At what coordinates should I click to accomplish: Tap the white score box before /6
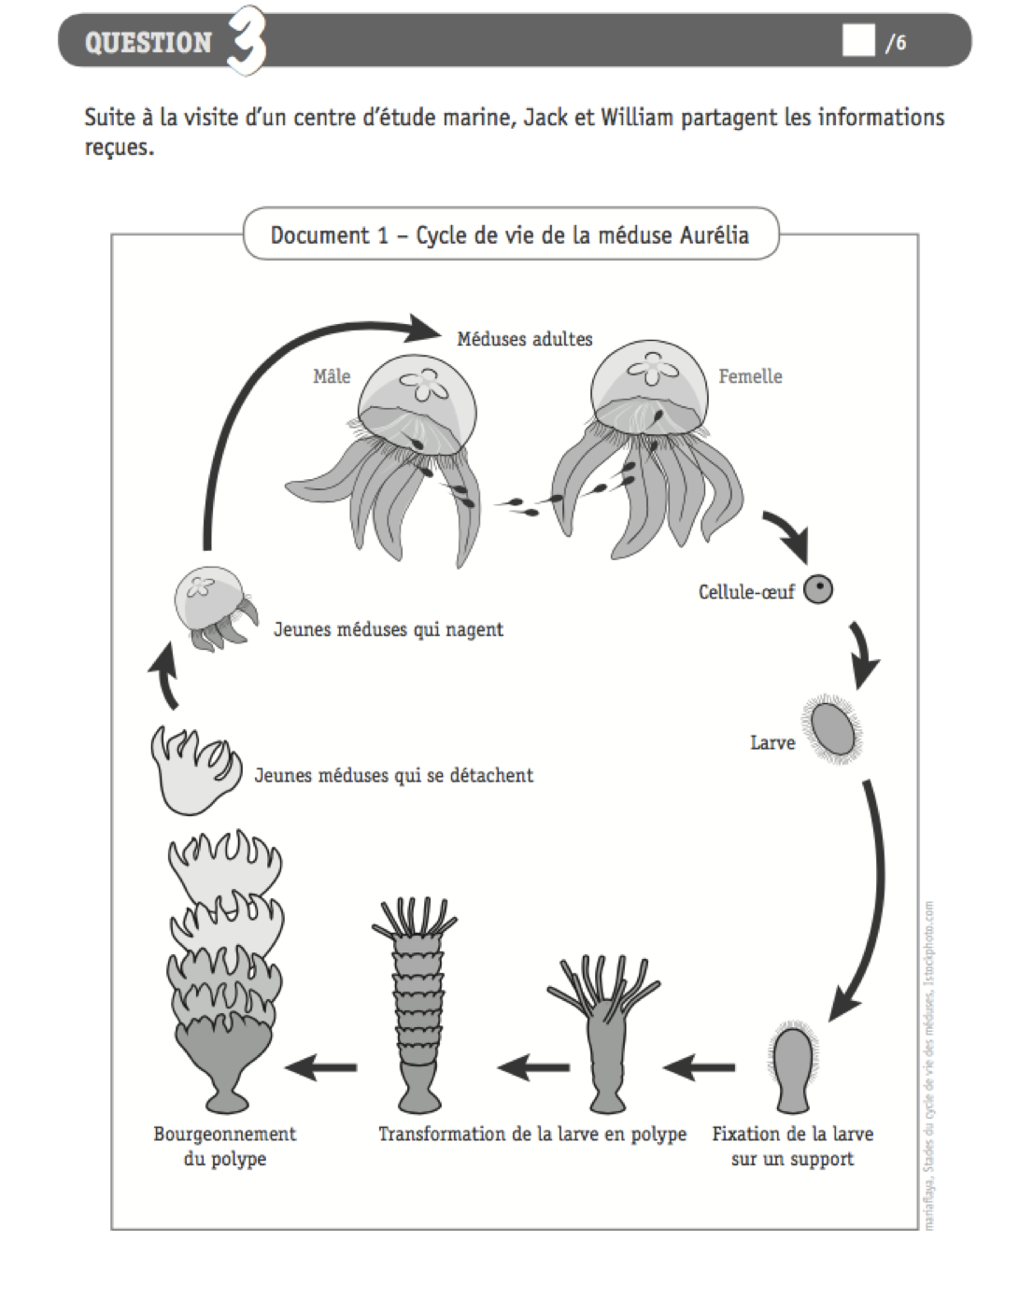(x=857, y=41)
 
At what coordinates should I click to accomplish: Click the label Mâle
(x=332, y=376)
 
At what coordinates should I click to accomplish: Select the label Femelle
(x=750, y=376)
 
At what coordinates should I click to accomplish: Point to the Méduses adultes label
(x=524, y=339)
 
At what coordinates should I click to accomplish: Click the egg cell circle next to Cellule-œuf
(x=818, y=590)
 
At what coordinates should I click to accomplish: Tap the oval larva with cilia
(x=831, y=728)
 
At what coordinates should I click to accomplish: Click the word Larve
(x=772, y=743)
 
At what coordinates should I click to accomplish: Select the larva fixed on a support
(x=793, y=1069)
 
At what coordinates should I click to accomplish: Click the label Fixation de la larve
(x=792, y=1135)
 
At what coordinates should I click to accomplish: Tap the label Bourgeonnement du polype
(x=224, y=1147)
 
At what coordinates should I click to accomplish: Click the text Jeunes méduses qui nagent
(x=388, y=629)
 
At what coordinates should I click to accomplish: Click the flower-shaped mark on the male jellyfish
(x=425, y=383)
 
